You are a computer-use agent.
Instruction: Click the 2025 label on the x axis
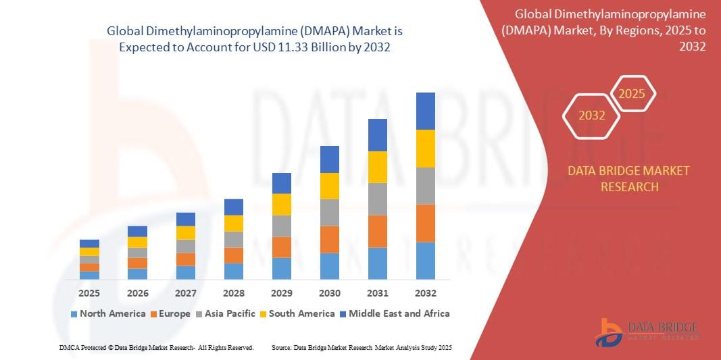coord(89,293)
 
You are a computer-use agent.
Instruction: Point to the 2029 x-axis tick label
coord(281,293)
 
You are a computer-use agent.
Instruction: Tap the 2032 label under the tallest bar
coord(425,293)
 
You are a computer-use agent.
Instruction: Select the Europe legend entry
coord(174,313)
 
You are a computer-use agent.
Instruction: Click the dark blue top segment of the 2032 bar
coord(425,111)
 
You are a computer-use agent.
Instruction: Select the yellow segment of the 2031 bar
coord(377,167)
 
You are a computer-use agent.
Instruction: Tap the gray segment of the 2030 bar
coord(329,212)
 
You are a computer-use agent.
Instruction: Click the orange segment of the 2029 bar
coord(281,247)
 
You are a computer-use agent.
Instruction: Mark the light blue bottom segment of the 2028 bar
coord(233,271)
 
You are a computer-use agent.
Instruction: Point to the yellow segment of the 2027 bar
coord(185,232)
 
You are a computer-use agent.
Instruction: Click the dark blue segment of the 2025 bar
coord(89,243)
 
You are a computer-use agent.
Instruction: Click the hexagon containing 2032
coord(592,115)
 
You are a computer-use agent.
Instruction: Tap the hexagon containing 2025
coord(632,94)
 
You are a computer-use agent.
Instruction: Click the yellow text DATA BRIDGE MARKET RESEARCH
coord(629,179)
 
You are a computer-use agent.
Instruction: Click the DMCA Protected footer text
coord(156,347)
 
